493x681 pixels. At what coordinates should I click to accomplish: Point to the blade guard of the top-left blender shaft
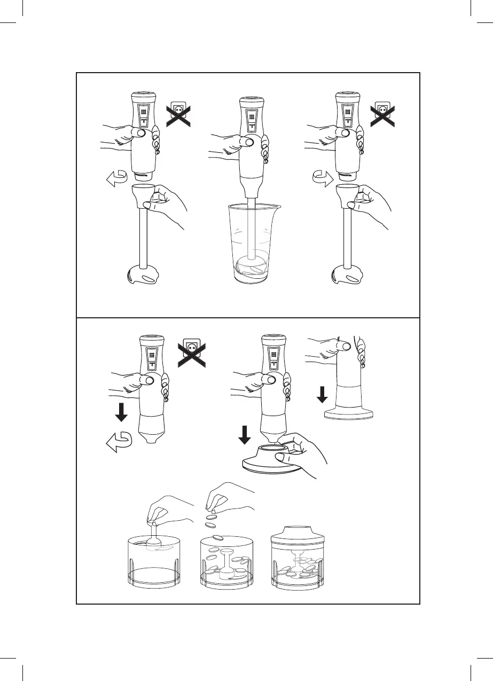tap(143, 277)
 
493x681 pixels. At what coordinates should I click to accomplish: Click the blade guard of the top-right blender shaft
tap(348, 277)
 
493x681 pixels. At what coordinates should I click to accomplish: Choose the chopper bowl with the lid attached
tap(297, 561)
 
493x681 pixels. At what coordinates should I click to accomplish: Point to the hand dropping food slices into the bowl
tap(227, 499)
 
